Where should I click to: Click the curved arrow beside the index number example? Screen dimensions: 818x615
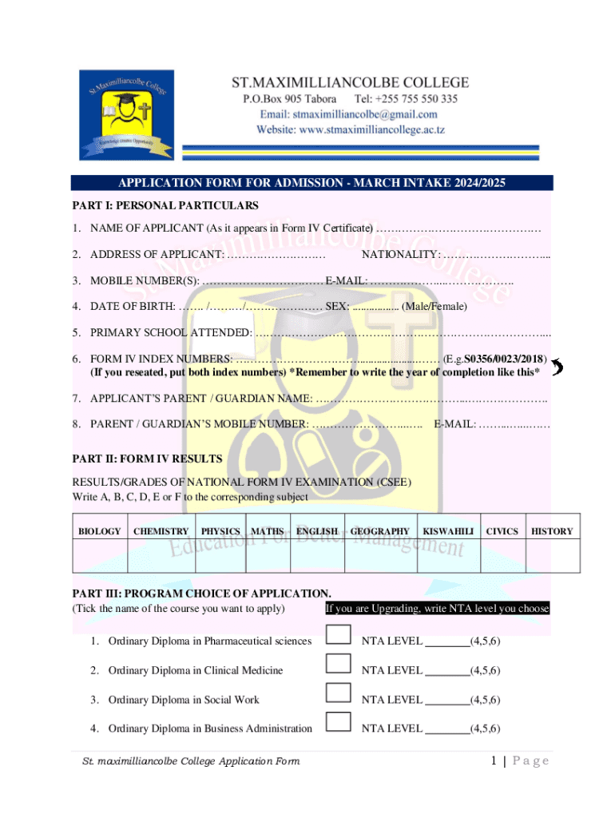[x=557, y=367]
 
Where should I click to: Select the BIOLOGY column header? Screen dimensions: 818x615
[x=100, y=531]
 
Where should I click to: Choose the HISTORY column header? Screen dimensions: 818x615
[x=552, y=531]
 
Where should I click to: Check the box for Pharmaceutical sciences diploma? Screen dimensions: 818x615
[x=339, y=634]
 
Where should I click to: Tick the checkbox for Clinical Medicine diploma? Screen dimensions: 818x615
[x=339, y=663]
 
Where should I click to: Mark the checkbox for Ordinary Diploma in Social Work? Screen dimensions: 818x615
[x=339, y=693]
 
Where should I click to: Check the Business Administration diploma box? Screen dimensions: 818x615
[x=339, y=722]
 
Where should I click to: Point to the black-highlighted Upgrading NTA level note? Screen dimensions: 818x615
[x=437, y=609]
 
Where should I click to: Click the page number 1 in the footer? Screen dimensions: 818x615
[x=496, y=760]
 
